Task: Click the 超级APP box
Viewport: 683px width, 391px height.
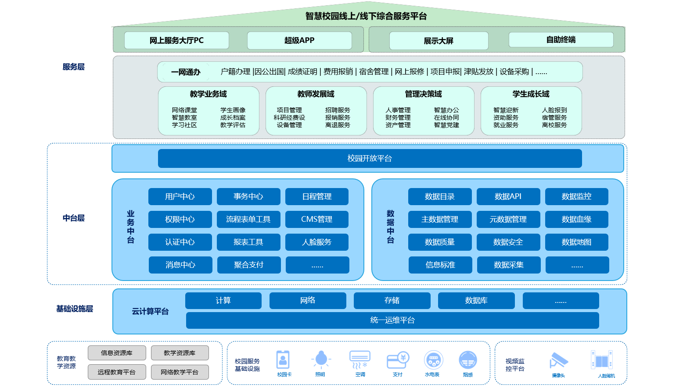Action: click(299, 40)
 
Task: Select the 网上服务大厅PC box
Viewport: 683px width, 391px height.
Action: click(176, 40)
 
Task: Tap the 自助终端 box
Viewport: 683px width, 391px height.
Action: click(561, 39)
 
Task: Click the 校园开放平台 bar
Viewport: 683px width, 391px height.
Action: click(370, 158)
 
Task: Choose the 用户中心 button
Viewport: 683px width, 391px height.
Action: click(180, 196)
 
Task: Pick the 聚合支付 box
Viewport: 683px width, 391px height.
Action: click(248, 265)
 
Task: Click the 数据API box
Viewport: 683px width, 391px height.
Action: click(508, 196)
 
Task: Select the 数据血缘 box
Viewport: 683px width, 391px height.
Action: click(576, 219)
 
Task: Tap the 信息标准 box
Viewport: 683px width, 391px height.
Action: click(440, 265)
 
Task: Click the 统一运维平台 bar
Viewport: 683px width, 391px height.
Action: click(392, 320)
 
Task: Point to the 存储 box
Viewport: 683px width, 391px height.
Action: click(392, 300)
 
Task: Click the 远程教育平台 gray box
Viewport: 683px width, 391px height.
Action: click(117, 372)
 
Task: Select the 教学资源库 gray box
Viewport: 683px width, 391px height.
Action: click(180, 352)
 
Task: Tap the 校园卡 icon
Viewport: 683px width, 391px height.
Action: click(283, 360)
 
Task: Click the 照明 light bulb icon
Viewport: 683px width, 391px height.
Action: click(321, 359)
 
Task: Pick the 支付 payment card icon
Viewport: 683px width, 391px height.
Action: click(398, 360)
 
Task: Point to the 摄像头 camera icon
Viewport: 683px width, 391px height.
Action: click(558, 361)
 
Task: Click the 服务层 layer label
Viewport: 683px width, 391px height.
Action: click(73, 67)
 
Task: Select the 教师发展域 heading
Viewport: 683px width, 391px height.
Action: click(316, 94)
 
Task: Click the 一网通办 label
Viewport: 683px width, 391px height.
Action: click(186, 72)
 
